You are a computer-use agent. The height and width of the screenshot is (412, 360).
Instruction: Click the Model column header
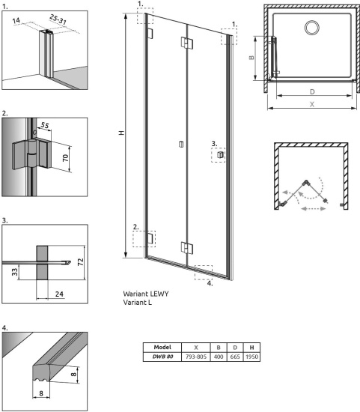point(162,348)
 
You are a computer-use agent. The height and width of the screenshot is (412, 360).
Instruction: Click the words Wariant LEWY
point(146,294)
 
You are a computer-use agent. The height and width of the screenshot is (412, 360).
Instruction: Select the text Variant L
point(141,303)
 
